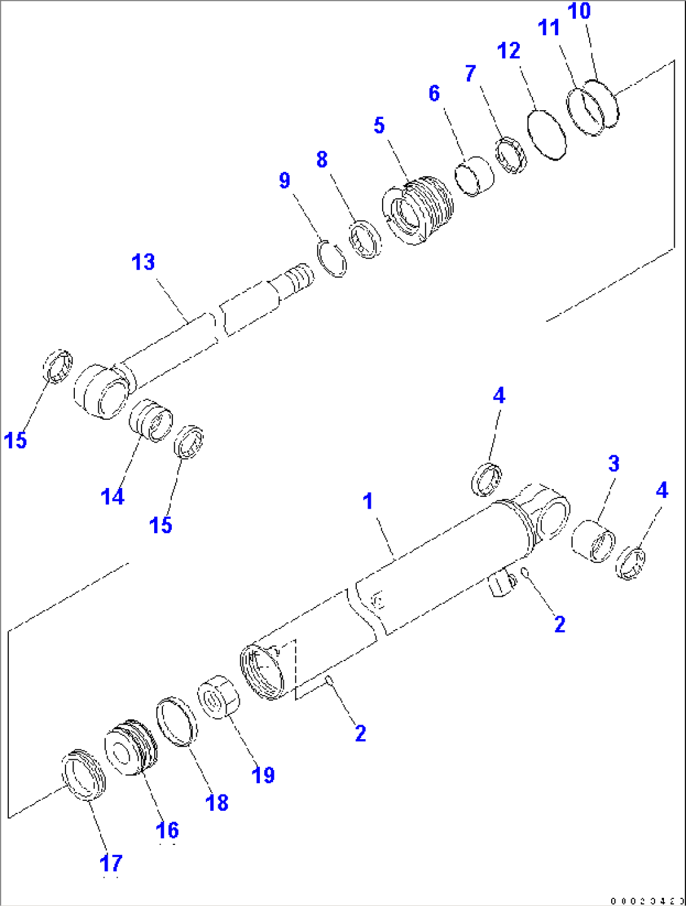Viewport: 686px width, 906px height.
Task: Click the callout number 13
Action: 143,262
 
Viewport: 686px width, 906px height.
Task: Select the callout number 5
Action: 379,125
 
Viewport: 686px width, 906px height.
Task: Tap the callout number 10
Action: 579,11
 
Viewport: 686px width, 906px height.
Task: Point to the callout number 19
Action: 263,774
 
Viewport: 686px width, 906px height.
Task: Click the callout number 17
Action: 111,863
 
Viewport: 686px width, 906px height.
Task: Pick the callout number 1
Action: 368,501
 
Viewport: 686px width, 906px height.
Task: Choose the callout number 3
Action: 614,464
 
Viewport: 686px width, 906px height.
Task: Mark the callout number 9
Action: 284,181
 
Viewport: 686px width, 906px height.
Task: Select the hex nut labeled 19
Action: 218,696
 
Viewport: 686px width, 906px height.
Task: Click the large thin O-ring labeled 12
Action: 546,134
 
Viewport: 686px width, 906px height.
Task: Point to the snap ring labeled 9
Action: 331,258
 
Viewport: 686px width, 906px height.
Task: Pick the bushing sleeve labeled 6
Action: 475,177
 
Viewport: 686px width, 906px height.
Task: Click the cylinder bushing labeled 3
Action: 593,540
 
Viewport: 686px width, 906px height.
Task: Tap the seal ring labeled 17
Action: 83,774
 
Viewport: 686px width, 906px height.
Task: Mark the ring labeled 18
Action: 176,722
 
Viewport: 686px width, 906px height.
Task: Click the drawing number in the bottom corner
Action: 646,900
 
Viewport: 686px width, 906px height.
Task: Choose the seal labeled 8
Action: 366,239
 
